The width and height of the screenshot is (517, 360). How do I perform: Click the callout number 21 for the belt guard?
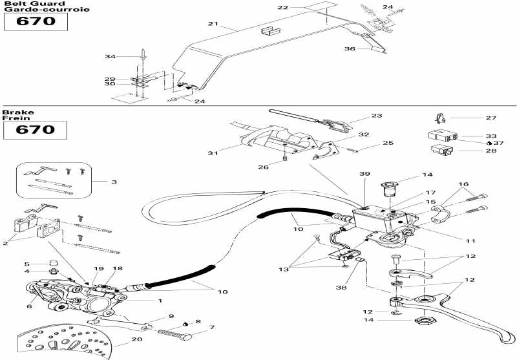[x=213, y=24]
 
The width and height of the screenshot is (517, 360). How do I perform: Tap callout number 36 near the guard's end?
[x=350, y=48]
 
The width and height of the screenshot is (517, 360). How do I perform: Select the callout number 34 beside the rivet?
[x=110, y=57]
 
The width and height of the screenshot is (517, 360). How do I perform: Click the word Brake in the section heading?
[x=18, y=112]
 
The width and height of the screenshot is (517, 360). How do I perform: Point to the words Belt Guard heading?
[x=34, y=4]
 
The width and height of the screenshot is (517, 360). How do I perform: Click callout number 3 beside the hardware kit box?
[x=114, y=182]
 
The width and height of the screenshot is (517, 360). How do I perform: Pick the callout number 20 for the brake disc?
[x=137, y=339]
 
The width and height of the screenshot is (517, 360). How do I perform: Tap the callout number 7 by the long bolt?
[x=212, y=328]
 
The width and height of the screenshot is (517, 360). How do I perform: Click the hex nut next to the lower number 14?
[x=425, y=321]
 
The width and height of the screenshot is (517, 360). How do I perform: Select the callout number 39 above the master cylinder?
[x=364, y=174]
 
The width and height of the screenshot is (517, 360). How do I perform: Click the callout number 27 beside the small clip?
[x=491, y=118]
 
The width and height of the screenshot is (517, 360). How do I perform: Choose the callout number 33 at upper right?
[x=491, y=136]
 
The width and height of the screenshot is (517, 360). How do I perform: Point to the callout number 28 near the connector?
[x=491, y=151]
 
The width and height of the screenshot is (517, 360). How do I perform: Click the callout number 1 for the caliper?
[x=160, y=301]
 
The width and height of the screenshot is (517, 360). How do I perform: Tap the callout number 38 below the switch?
[x=341, y=288]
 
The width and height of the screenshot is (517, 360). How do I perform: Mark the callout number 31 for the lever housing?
[x=213, y=153]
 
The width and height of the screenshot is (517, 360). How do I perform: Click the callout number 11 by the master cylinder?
[x=470, y=241]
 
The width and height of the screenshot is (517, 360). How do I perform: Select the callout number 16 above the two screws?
[x=463, y=184]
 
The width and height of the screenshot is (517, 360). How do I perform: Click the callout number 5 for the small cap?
[x=27, y=264]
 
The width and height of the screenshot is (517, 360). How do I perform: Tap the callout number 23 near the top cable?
[x=377, y=116]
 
